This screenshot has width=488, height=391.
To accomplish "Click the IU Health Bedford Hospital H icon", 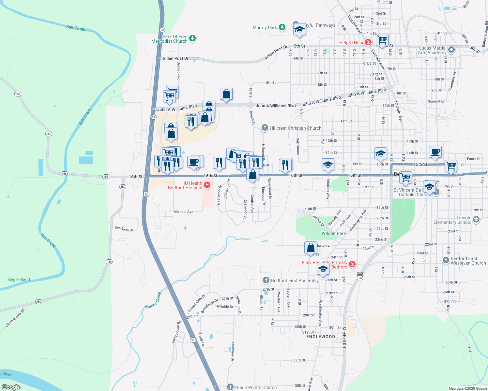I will [x=207, y=185].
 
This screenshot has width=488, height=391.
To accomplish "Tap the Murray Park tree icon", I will [x=282, y=28].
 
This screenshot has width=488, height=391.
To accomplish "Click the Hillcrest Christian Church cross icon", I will [x=265, y=128].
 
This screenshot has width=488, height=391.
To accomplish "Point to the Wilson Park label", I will [x=333, y=233].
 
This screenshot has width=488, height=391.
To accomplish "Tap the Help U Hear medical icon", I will [x=368, y=42].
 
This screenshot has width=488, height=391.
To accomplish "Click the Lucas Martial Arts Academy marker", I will [x=451, y=50].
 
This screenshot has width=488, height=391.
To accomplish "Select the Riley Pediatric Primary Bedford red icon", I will [x=352, y=264].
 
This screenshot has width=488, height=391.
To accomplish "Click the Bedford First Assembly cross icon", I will [x=266, y=280].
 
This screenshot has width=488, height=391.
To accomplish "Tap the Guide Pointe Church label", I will [x=256, y=387].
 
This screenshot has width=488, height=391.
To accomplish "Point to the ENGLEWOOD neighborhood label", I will [x=321, y=337].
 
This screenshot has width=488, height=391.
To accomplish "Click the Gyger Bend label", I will [x=19, y=280].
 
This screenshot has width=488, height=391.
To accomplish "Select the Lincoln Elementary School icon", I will [x=476, y=220].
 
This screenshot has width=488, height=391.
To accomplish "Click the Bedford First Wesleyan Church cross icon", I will [x=446, y=260].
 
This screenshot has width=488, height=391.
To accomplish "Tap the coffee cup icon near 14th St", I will [x=435, y=152].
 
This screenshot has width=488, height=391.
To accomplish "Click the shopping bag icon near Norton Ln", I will [x=311, y=248].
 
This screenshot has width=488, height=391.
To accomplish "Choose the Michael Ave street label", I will [x=183, y=212].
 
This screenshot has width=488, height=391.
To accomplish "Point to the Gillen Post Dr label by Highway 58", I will [x=175, y=58].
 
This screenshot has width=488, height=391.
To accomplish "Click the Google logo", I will [x=11, y=387].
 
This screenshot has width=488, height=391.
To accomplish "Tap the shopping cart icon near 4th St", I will [x=382, y=40].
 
